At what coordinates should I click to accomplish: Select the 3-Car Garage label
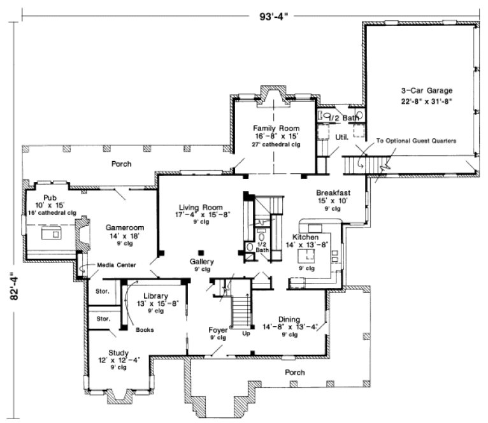point(418,92)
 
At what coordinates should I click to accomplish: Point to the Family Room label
point(276,128)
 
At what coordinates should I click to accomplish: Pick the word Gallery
point(201,262)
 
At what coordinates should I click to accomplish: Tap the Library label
point(155,296)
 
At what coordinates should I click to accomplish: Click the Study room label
point(118,352)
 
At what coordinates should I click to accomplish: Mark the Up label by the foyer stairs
point(246,333)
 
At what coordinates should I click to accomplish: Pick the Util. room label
point(340,136)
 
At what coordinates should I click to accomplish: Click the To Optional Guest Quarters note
point(416,141)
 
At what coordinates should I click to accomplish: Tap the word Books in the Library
point(144,329)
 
